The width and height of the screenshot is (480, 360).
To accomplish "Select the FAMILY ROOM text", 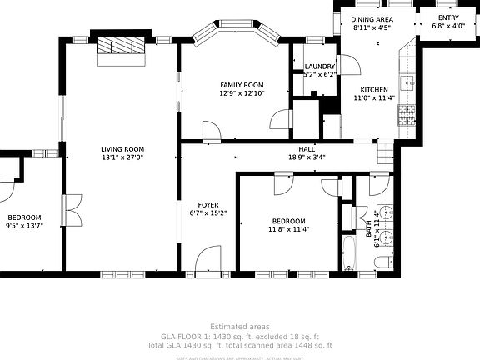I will [x=242, y=85].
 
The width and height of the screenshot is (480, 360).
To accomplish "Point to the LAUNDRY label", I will [x=320, y=67].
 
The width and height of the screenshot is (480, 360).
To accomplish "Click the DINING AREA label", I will [x=372, y=19].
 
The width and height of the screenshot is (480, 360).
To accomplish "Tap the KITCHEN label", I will [x=374, y=89].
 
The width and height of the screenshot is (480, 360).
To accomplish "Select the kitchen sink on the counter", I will [x=407, y=82].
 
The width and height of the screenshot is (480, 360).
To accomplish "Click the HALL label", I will [x=307, y=148].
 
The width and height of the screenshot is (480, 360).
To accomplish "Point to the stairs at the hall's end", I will [x=385, y=152].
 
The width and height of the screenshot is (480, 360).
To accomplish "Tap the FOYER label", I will [x=207, y=204].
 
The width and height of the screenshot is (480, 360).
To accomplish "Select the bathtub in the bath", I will [x=349, y=252].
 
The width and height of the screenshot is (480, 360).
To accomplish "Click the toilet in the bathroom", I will [x=382, y=262].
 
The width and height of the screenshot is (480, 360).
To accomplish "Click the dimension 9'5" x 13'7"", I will [x=23, y=225].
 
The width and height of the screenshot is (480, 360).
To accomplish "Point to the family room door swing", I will [x=211, y=130].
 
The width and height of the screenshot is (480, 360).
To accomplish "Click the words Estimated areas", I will [x=239, y=326].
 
